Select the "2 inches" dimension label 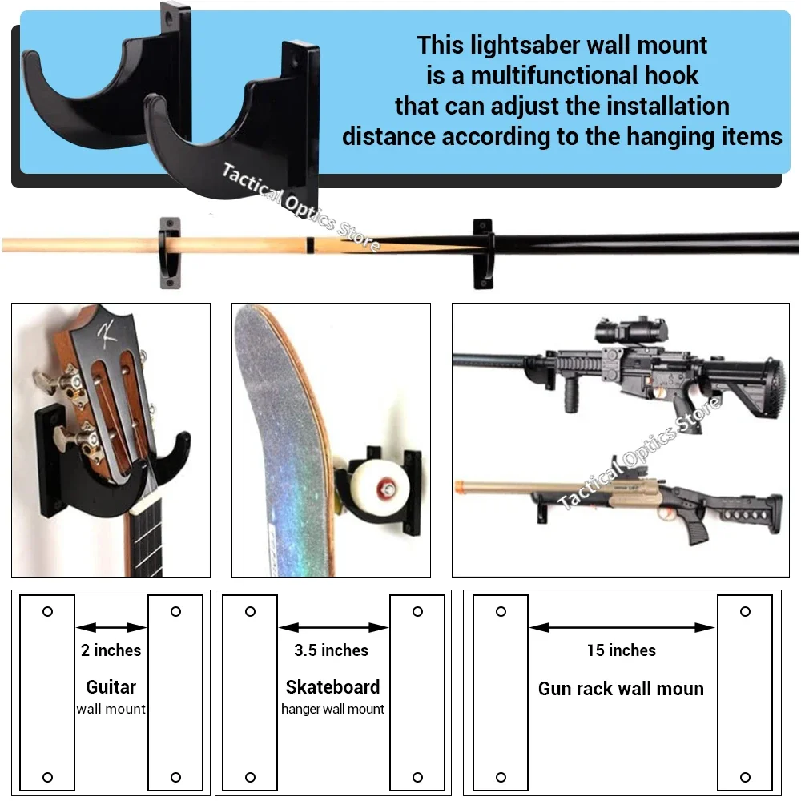coord(111,650)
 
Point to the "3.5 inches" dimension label coord(331,650)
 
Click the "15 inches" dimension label coord(622,650)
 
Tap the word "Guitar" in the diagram coord(111,687)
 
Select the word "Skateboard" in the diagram coord(332,687)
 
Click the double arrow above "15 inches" coord(622,627)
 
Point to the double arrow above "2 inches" coord(111,627)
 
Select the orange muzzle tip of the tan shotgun coord(458,486)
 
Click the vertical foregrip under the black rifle coord(571,396)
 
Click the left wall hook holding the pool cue coord(170,253)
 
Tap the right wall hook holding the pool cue coord(483,254)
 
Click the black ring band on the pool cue coord(310,244)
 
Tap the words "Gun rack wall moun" coord(622,689)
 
